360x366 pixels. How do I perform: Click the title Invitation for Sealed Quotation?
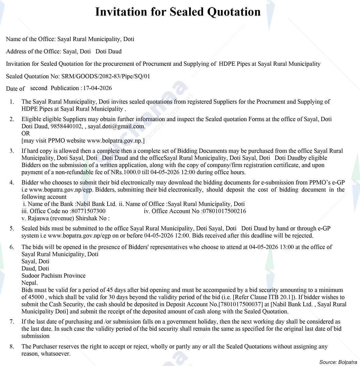(x=178, y=12)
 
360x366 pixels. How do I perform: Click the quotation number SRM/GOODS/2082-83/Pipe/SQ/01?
(x=105, y=76)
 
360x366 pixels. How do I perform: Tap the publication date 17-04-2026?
(x=97, y=88)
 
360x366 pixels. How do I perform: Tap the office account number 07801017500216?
(x=224, y=211)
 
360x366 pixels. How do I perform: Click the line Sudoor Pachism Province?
(x=53, y=276)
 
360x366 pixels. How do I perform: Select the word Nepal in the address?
(x=29, y=283)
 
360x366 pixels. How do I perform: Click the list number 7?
(x=12, y=322)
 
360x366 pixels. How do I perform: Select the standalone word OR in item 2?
(x=26, y=133)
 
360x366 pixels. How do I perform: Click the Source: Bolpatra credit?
(x=338, y=362)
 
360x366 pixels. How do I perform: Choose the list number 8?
(x=12, y=347)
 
